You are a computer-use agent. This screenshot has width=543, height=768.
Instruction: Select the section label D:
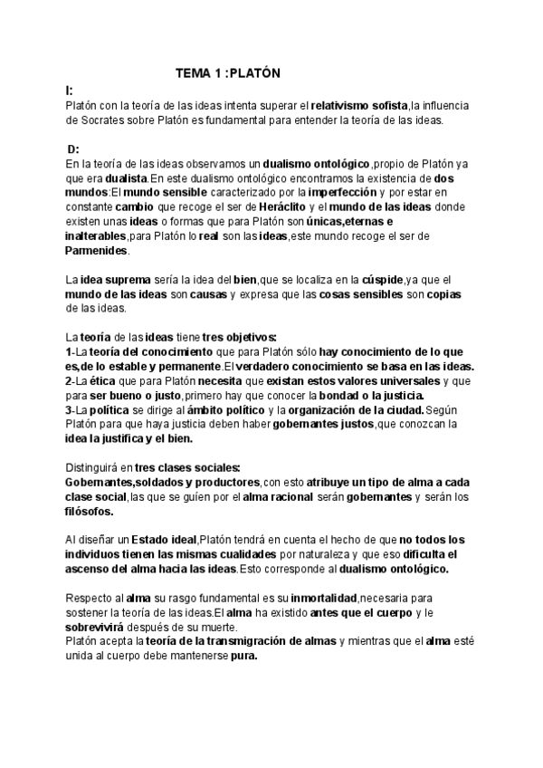(73, 149)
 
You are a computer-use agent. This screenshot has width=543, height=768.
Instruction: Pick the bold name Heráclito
(269, 207)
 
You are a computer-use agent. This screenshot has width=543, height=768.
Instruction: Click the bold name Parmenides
(101, 250)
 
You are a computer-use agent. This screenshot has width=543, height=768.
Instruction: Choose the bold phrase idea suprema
(110, 280)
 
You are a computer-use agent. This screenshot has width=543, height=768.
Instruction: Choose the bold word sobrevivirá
(104, 627)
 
